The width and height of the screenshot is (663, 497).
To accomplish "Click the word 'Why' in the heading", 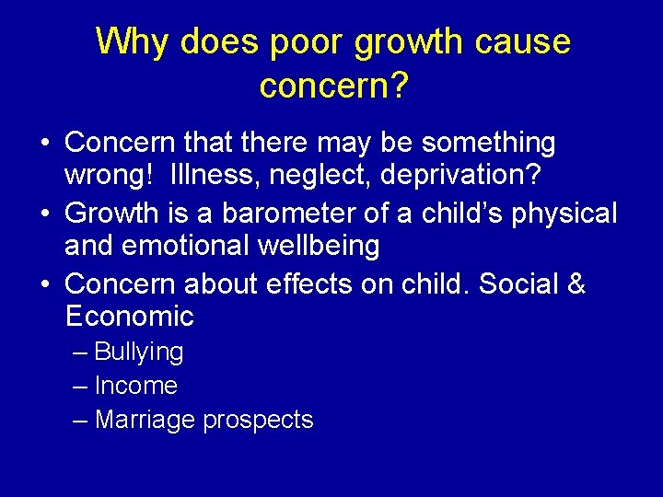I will click(132, 42).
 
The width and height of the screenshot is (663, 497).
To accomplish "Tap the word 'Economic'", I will click(130, 317).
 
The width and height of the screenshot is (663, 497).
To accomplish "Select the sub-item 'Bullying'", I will click(139, 353).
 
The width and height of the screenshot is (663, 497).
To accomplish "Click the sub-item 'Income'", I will click(135, 386).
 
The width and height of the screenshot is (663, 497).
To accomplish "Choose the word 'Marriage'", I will click(145, 420).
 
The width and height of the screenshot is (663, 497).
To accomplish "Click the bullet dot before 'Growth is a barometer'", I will click(45, 214).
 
